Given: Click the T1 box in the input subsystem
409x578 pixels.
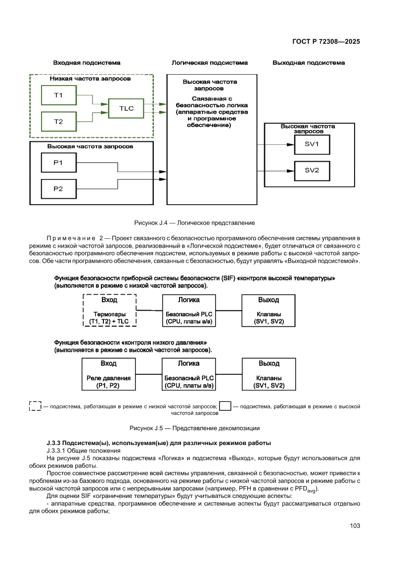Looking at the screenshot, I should pyautogui.click(x=58, y=95).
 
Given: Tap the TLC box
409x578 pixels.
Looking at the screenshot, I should pyautogui.click(x=126, y=108).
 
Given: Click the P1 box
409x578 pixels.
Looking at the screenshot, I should pyautogui.click(x=58, y=162).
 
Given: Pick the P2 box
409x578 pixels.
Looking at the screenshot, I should pyautogui.click(x=58, y=188).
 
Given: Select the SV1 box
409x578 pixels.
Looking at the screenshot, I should pyautogui.click(x=312, y=144).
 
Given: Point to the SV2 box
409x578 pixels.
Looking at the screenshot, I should pyautogui.click(x=312, y=171).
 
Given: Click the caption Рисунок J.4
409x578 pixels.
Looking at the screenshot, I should pyautogui.click(x=194, y=223).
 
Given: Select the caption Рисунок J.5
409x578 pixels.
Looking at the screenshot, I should pyautogui.click(x=194, y=428).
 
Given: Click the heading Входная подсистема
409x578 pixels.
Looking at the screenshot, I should pyautogui.click(x=87, y=63).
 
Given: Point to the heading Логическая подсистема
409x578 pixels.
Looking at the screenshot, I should pyautogui.click(x=210, y=63).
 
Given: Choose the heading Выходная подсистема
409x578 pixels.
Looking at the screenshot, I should pyautogui.click(x=309, y=63).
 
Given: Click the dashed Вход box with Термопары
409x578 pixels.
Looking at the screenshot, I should pyautogui.click(x=109, y=311).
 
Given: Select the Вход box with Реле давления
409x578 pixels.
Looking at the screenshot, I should pyautogui.click(x=109, y=374).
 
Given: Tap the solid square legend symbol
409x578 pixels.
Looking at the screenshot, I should pyautogui.click(x=225, y=406).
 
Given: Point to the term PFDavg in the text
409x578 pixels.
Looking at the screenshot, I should pyautogui.click(x=307, y=489).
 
